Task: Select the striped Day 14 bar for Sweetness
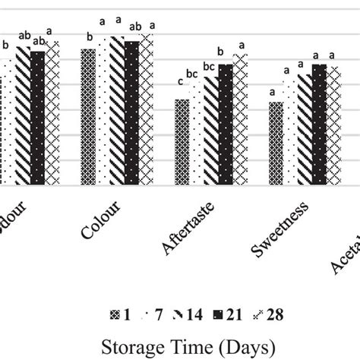coord(305,129)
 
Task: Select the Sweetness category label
coord(280,227)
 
